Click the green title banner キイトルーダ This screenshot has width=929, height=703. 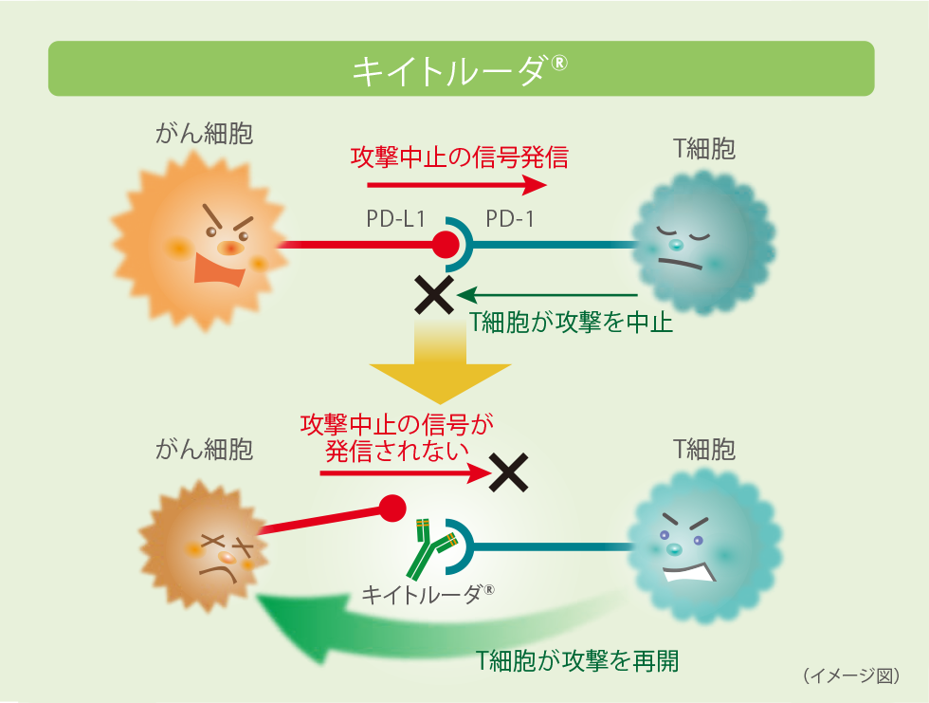(461, 68)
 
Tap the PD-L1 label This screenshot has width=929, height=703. (396, 219)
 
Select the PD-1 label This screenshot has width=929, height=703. (510, 219)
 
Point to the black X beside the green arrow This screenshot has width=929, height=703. (435, 295)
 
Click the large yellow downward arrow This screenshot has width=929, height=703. (440, 365)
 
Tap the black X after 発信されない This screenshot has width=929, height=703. (508, 472)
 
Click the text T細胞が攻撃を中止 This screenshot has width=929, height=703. (572, 323)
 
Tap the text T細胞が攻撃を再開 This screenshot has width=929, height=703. (577, 661)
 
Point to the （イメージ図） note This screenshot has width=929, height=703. (850, 675)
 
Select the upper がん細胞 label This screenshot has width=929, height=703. (205, 133)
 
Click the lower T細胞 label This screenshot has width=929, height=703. (704, 449)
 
